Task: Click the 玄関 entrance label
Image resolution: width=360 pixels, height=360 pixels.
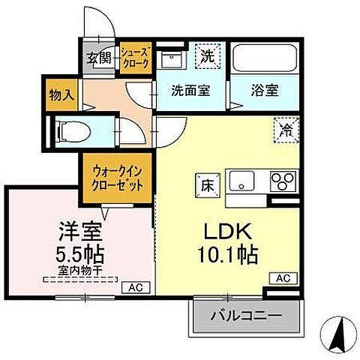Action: pyautogui.click(x=98, y=57)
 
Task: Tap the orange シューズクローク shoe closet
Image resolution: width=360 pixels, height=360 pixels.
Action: pyautogui.click(x=137, y=57)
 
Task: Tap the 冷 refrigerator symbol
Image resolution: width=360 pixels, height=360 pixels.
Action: pyautogui.click(x=285, y=129)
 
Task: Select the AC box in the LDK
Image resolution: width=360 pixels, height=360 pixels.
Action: pyautogui.click(x=283, y=277)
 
